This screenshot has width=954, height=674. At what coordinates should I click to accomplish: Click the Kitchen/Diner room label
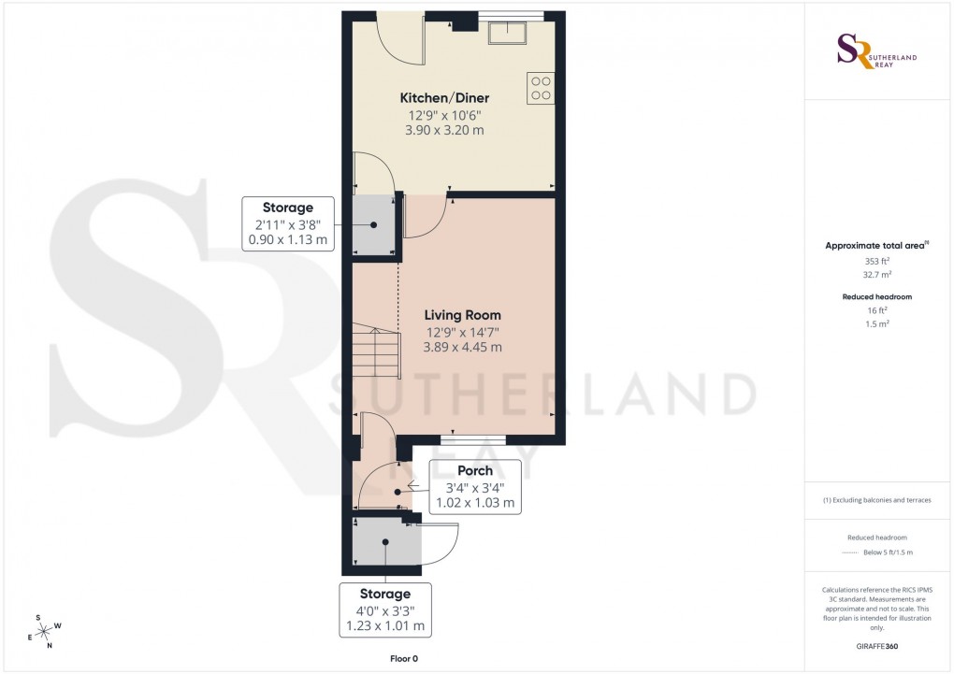tap(444, 98)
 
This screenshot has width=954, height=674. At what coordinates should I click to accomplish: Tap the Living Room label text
tap(463, 315)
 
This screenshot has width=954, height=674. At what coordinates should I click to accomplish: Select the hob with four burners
tap(541, 88)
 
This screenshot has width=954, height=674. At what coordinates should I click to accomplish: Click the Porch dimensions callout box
tap(475, 486)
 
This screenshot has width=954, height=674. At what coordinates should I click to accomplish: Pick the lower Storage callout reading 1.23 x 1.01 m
tap(385, 609)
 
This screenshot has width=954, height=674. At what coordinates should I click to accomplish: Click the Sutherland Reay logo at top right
tap(877, 51)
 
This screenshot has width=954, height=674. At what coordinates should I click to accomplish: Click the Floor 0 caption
tap(404, 659)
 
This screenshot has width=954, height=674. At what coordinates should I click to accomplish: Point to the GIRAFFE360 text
tap(877, 646)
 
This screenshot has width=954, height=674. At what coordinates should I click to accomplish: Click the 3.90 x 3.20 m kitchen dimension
tap(444, 130)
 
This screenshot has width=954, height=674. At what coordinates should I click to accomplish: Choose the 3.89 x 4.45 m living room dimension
tap(463, 347)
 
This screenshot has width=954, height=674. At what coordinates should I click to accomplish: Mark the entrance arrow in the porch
tap(412, 485)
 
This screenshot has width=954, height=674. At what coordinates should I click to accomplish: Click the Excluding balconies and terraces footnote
tap(877, 500)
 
